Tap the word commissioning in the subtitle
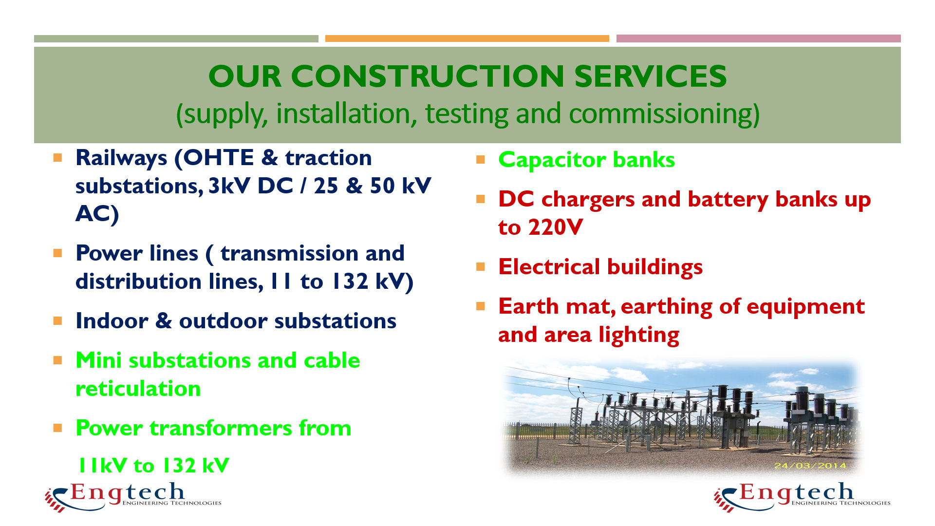[664, 113]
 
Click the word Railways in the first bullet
[121, 158]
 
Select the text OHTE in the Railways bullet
[219, 158]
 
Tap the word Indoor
[112, 321]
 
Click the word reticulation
[138, 389]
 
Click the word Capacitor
[552, 160]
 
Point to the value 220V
[555, 227]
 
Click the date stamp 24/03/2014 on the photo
[810, 466]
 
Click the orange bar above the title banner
[467, 38]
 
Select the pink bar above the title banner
[758, 38]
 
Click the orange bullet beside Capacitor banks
[481, 159]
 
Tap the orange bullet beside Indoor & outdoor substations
[58, 320]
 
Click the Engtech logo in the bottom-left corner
[133, 497]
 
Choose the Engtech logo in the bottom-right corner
[802, 497]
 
